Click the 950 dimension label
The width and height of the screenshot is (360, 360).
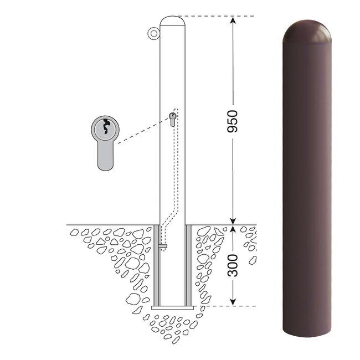233,121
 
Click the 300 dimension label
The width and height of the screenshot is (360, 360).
233,265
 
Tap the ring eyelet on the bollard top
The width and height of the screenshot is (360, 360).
153,34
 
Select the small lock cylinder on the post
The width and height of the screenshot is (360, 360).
172,119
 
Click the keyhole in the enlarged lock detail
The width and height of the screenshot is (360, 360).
106,126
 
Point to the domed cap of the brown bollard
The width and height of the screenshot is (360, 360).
307,31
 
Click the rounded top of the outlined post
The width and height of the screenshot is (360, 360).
172,20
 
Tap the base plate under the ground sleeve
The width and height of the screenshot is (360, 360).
172,307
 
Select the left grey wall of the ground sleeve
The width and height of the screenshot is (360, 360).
157,265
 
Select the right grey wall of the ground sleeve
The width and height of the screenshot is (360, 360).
188,265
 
